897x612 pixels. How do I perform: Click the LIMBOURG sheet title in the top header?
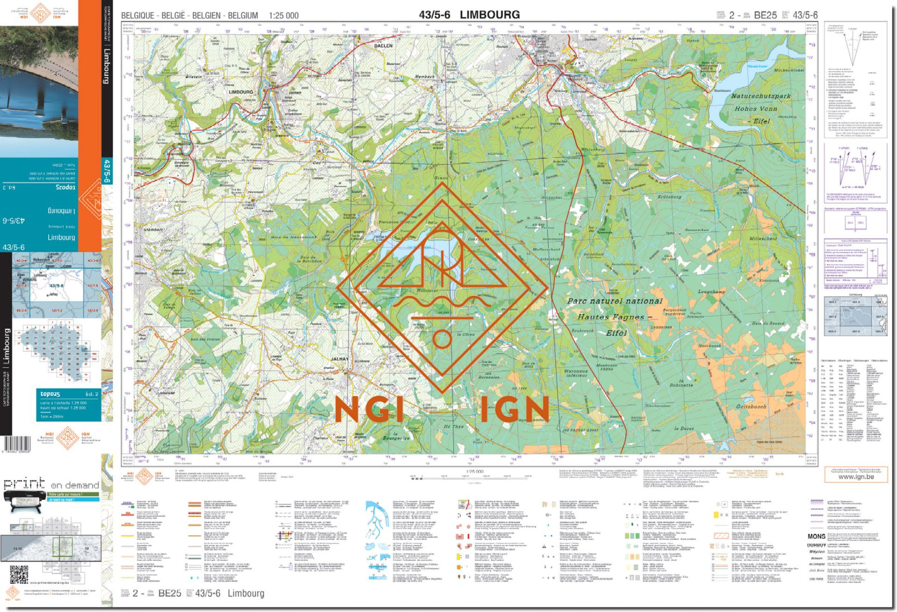[489, 15]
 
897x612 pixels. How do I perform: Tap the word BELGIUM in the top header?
[243, 16]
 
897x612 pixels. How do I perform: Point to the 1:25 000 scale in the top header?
[284, 16]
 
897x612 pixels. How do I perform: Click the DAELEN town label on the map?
[383, 45]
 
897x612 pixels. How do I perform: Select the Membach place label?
[424, 76]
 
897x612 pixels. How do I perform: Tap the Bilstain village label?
[193, 77]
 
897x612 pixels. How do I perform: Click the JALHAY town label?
[340, 359]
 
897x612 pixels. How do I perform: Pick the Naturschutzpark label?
[760, 96]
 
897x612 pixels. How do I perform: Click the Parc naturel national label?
[614, 301]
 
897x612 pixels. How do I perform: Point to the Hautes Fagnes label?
[611, 317]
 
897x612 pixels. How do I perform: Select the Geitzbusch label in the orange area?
[751, 406]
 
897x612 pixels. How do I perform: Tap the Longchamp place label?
[711, 291]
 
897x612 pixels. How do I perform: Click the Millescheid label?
[763, 238]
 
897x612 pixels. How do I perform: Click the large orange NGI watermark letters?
[368, 410]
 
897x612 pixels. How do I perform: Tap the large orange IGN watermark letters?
[514, 410]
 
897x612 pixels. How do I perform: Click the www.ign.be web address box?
[856, 476]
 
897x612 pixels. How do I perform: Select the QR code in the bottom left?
[19, 574]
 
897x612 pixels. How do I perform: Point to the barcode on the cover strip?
[17, 444]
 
